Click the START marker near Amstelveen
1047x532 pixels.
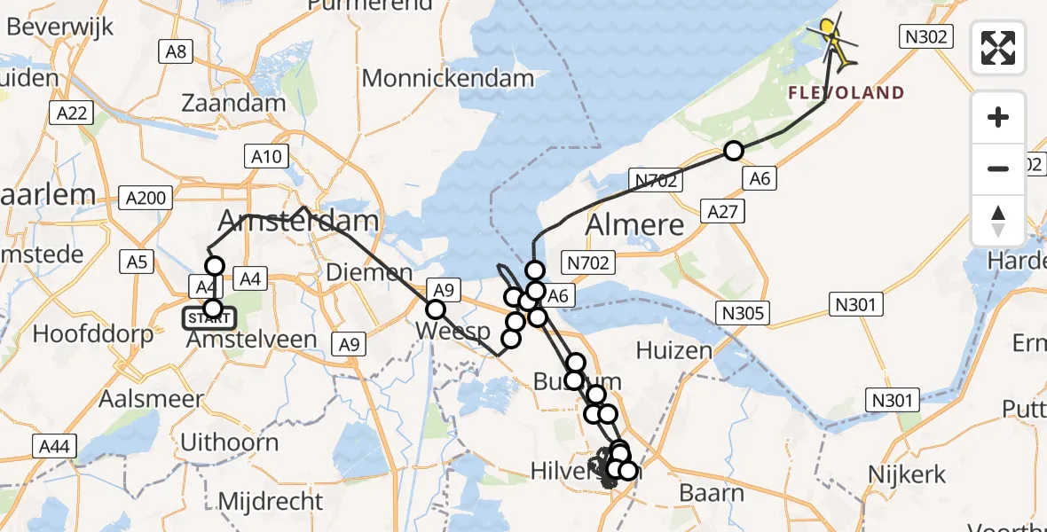coord(210,317)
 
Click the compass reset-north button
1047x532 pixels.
coord(998,221)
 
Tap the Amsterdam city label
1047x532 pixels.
coord(305,221)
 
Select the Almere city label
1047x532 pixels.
coord(635,224)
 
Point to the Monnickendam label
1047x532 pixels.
coord(448,78)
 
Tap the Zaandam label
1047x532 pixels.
coord(233,103)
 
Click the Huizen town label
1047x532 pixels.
coord(674,351)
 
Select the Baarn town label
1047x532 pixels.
coord(711,491)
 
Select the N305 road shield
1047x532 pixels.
coord(744,312)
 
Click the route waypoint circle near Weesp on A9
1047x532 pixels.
coord(436,309)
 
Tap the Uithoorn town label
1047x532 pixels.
coord(229,442)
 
